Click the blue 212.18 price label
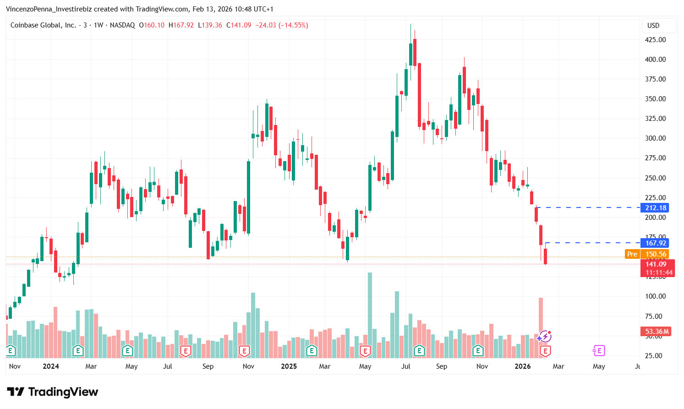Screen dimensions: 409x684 (656, 208)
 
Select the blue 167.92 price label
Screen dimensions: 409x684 (656, 243)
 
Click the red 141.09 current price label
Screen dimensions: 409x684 (656, 264)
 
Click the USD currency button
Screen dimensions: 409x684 (653, 26)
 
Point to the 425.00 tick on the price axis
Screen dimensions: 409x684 (655, 40)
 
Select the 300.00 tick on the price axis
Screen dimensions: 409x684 (655, 138)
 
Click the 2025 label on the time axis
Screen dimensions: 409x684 (289, 366)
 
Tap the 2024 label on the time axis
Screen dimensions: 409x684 (50, 366)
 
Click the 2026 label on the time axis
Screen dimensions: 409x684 (522, 366)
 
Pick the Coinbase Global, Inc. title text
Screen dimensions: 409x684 (43, 25)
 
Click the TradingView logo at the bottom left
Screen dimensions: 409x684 (53, 392)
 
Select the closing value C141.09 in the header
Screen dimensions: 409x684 (239, 25)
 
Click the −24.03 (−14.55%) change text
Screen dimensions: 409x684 (281, 25)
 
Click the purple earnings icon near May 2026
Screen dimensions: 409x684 (599, 351)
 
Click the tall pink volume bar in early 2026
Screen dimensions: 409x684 (541, 321)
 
